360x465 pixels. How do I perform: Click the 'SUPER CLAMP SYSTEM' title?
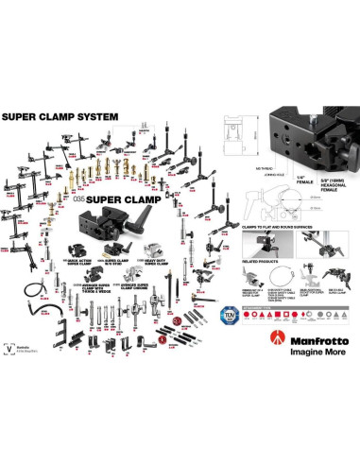(60, 117)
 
